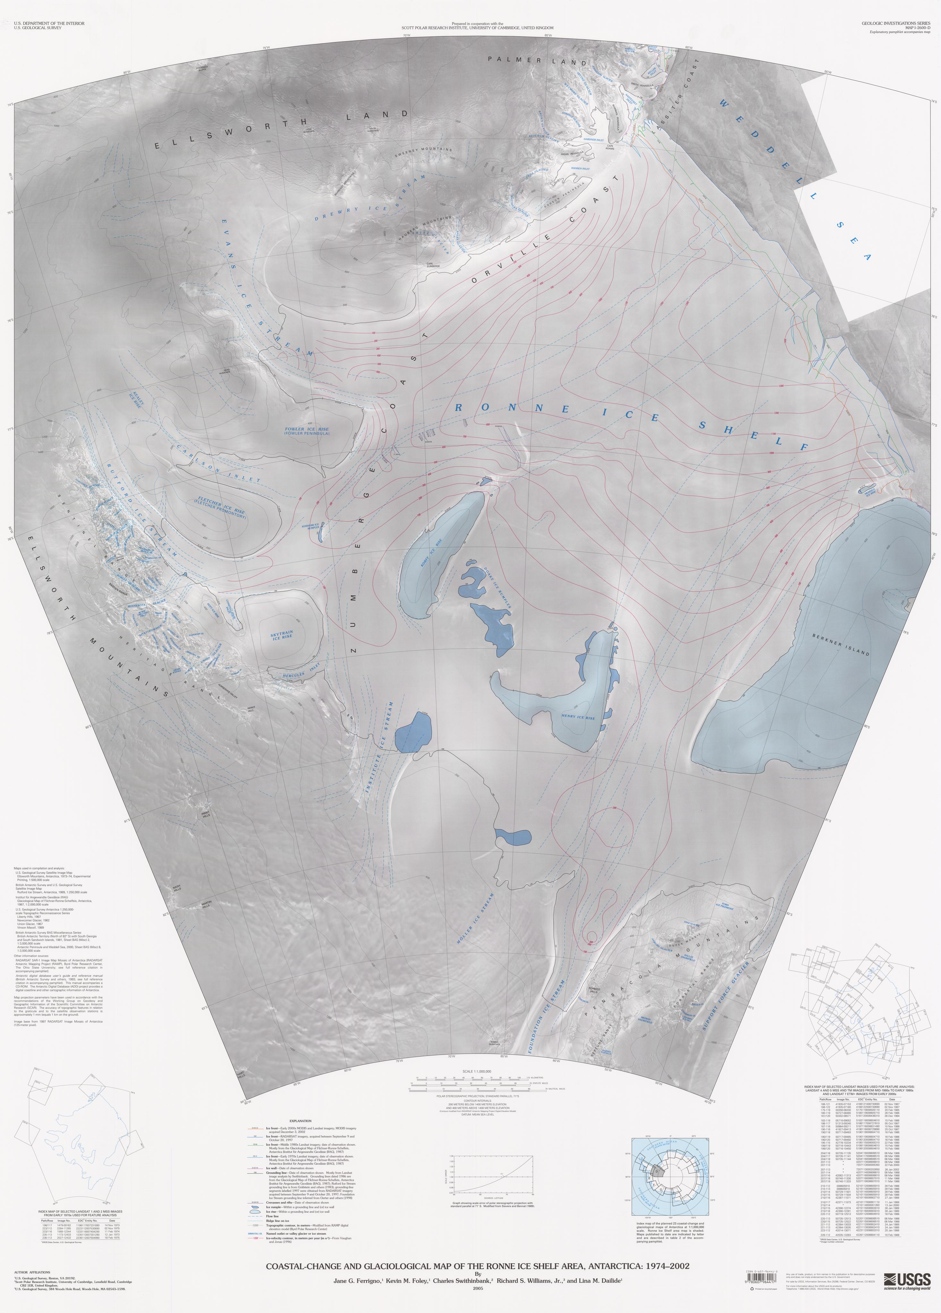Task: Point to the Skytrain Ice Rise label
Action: [282, 635]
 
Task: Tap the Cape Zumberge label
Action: [433, 266]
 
